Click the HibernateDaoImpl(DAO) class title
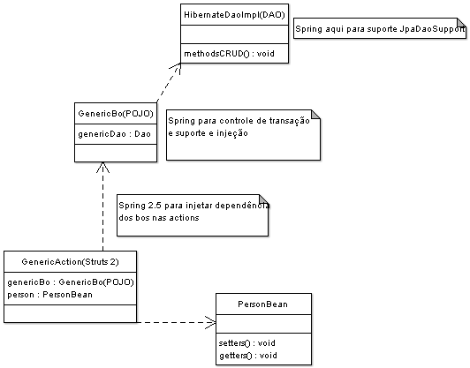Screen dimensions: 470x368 tap(234, 15)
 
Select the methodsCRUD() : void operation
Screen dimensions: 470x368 tap(229, 54)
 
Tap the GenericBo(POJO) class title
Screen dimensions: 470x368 tap(116, 114)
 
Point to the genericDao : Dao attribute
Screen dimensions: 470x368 tap(114, 134)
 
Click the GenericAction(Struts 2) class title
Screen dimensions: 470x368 tap(70, 262)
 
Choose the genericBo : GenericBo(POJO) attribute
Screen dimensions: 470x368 tap(71, 282)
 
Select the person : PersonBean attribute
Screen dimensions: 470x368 tap(49, 295)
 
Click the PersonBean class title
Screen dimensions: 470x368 tap(262, 304)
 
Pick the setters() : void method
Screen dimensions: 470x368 tap(247, 342)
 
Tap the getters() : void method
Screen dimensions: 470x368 tap(248, 356)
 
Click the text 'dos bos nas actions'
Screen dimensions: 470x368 tap(159, 218)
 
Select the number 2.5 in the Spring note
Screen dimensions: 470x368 tap(155, 206)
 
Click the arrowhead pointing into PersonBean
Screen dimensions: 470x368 tap(211, 322)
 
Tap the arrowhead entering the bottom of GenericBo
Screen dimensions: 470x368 tap(102, 168)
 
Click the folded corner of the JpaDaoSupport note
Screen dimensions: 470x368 tap(461, 23)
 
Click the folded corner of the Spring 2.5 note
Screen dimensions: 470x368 tap(263, 199)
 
